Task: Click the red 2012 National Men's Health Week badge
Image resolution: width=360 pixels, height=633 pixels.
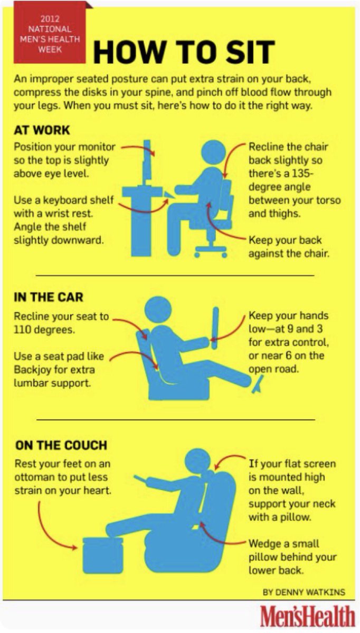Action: point(50,33)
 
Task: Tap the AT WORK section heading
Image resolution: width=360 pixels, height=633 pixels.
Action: point(42,130)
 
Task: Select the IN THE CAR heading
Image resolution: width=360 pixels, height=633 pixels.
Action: point(49,298)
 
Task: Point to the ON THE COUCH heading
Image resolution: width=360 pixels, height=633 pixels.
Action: point(61,445)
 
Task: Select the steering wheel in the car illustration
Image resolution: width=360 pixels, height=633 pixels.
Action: point(215,328)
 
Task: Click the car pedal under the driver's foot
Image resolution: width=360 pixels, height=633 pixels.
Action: point(258,385)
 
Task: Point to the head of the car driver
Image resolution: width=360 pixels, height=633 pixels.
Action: point(158,310)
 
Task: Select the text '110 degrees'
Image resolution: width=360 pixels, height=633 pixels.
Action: point(44,330)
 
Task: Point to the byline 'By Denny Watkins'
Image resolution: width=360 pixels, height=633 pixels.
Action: point(304,592)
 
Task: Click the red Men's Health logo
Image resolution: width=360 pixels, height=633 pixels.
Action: point(307,616)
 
